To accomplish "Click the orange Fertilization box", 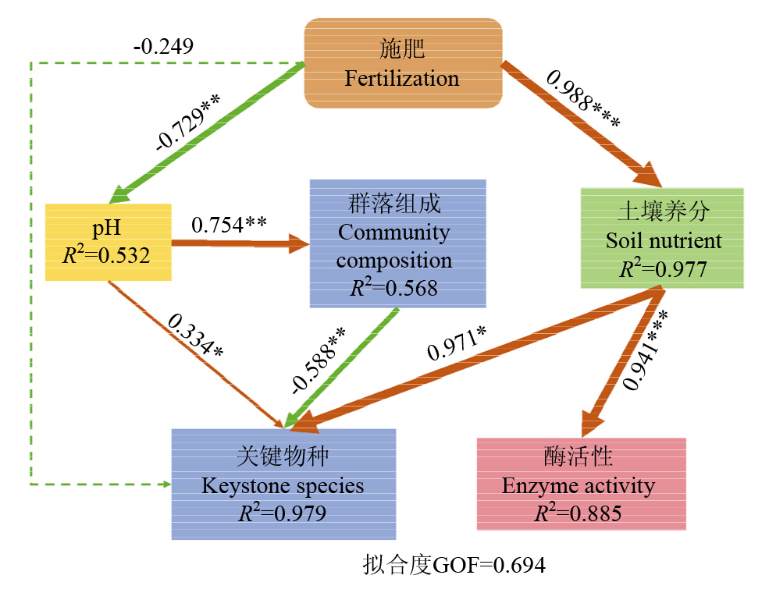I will click(x=402, y=64).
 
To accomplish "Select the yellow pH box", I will click(x=109, y=242).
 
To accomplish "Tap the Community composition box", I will click(x=397, y=244).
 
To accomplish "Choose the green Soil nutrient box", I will click(x=663, y=237).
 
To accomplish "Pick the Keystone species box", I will click(x=283, y=484).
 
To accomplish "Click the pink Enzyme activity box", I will click(x=581, y=484).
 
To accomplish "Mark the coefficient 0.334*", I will click(x=194, y=336).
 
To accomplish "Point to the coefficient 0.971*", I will click(x=457, y=339).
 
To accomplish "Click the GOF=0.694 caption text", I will click(x=454, y=564).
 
